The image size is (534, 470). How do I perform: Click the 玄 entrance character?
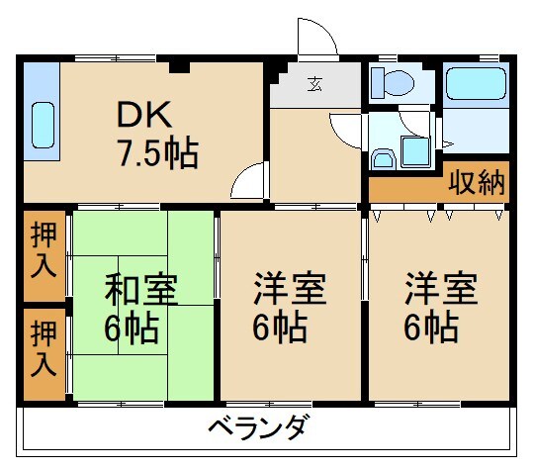point(313,84)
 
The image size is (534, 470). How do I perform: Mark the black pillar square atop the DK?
point(177,66)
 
